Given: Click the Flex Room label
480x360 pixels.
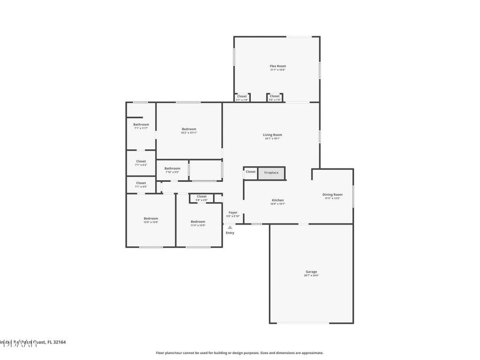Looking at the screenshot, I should pos(277,66).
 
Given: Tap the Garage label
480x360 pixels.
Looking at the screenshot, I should pos(311,271).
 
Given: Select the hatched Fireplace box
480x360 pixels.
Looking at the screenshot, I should pos(271,173).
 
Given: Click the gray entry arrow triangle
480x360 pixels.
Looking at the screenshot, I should pos(230,227).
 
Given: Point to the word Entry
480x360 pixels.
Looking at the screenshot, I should pos(230,233).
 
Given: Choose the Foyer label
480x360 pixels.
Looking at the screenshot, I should pos(233,212).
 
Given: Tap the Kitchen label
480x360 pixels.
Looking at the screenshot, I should pos(277,201).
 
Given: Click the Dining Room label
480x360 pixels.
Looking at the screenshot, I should pos(332,195).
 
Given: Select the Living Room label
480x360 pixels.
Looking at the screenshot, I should pos(272,135).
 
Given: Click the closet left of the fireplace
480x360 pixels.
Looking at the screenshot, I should pos(251,172).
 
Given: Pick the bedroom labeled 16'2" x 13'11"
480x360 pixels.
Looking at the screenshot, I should pos(189,129).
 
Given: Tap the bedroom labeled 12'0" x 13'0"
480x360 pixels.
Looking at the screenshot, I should pos(150,218).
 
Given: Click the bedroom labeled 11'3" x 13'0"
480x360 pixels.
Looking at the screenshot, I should pos(198,221).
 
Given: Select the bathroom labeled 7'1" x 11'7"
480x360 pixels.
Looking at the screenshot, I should pos(141,125).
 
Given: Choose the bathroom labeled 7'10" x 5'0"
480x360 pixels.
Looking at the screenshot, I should pos(172,169).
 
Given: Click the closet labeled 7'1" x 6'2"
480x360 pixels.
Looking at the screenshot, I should pos(141,161).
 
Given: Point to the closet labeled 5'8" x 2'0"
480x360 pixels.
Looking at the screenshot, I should pos(201,197).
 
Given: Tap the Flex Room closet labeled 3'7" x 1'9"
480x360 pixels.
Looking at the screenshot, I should pos(242,97).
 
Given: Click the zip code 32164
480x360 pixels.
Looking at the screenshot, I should pos(59,342).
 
